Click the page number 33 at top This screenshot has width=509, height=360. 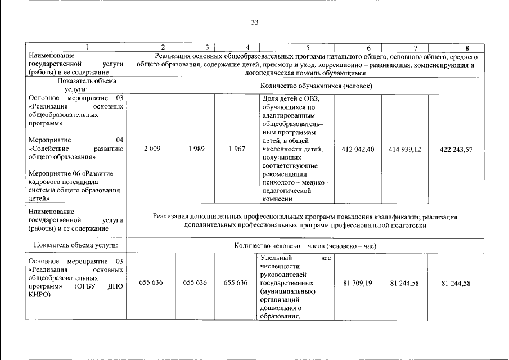255,22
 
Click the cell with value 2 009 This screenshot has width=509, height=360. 152,148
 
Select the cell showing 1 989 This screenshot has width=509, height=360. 197,148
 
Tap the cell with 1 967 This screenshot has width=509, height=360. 236,148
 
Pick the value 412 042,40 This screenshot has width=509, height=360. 358,149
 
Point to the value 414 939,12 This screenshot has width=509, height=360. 405,149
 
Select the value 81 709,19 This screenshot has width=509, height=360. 358,282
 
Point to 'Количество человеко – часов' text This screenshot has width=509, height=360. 281,246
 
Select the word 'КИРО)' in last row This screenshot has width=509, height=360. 39,294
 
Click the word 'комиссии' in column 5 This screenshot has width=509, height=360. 277,199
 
